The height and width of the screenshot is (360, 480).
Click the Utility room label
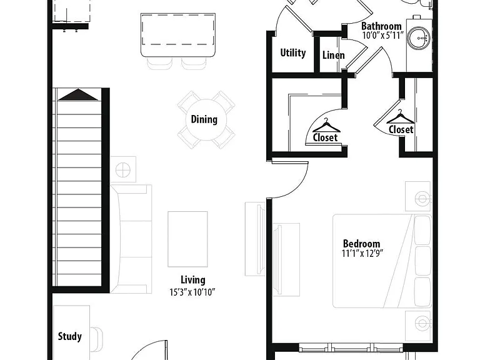(x=293, y=53)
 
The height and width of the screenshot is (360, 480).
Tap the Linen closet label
(x=334, y=55)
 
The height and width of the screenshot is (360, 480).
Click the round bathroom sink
(x=419, y=38)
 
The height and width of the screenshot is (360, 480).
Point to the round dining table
(x=206, y=120)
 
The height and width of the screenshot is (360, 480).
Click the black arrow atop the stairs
(x=78, y=94)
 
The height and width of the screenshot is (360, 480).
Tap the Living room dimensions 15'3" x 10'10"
(x=192, y=292)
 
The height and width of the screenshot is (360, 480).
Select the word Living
(x=193, y=280)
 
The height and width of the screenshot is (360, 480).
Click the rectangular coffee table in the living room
(x=187, y=239)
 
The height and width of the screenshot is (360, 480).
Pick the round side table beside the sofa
(x=123, y=169)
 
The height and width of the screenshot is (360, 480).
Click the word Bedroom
(x=361, y=244)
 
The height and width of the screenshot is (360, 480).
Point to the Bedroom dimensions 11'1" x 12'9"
(x=362, y=254)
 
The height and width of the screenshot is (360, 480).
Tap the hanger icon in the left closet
(x=326, y=125)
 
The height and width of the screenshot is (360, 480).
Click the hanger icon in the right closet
(x=401, y=117)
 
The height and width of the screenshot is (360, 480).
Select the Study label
(x=70, y=336)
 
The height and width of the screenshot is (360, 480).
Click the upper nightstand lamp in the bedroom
(x=422, y=199)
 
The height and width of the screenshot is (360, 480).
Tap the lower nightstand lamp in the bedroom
(x=422, y=323)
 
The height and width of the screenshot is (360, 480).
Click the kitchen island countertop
(x=178, y=34)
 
